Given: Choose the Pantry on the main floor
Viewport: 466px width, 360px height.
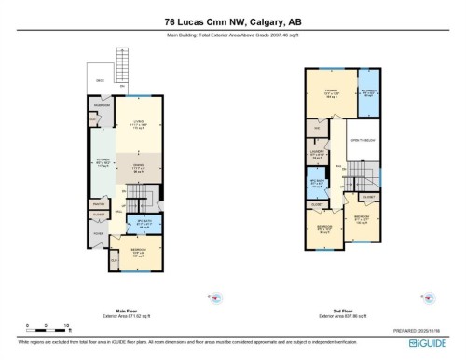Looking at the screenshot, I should point(98,202).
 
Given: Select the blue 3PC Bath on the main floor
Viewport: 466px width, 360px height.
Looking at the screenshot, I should point(142,223).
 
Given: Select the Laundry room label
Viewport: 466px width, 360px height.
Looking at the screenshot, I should point(316,153).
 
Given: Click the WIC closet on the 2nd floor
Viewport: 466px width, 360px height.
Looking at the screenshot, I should point(317,128).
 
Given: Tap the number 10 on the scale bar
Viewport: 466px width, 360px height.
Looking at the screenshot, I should point(68,326).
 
